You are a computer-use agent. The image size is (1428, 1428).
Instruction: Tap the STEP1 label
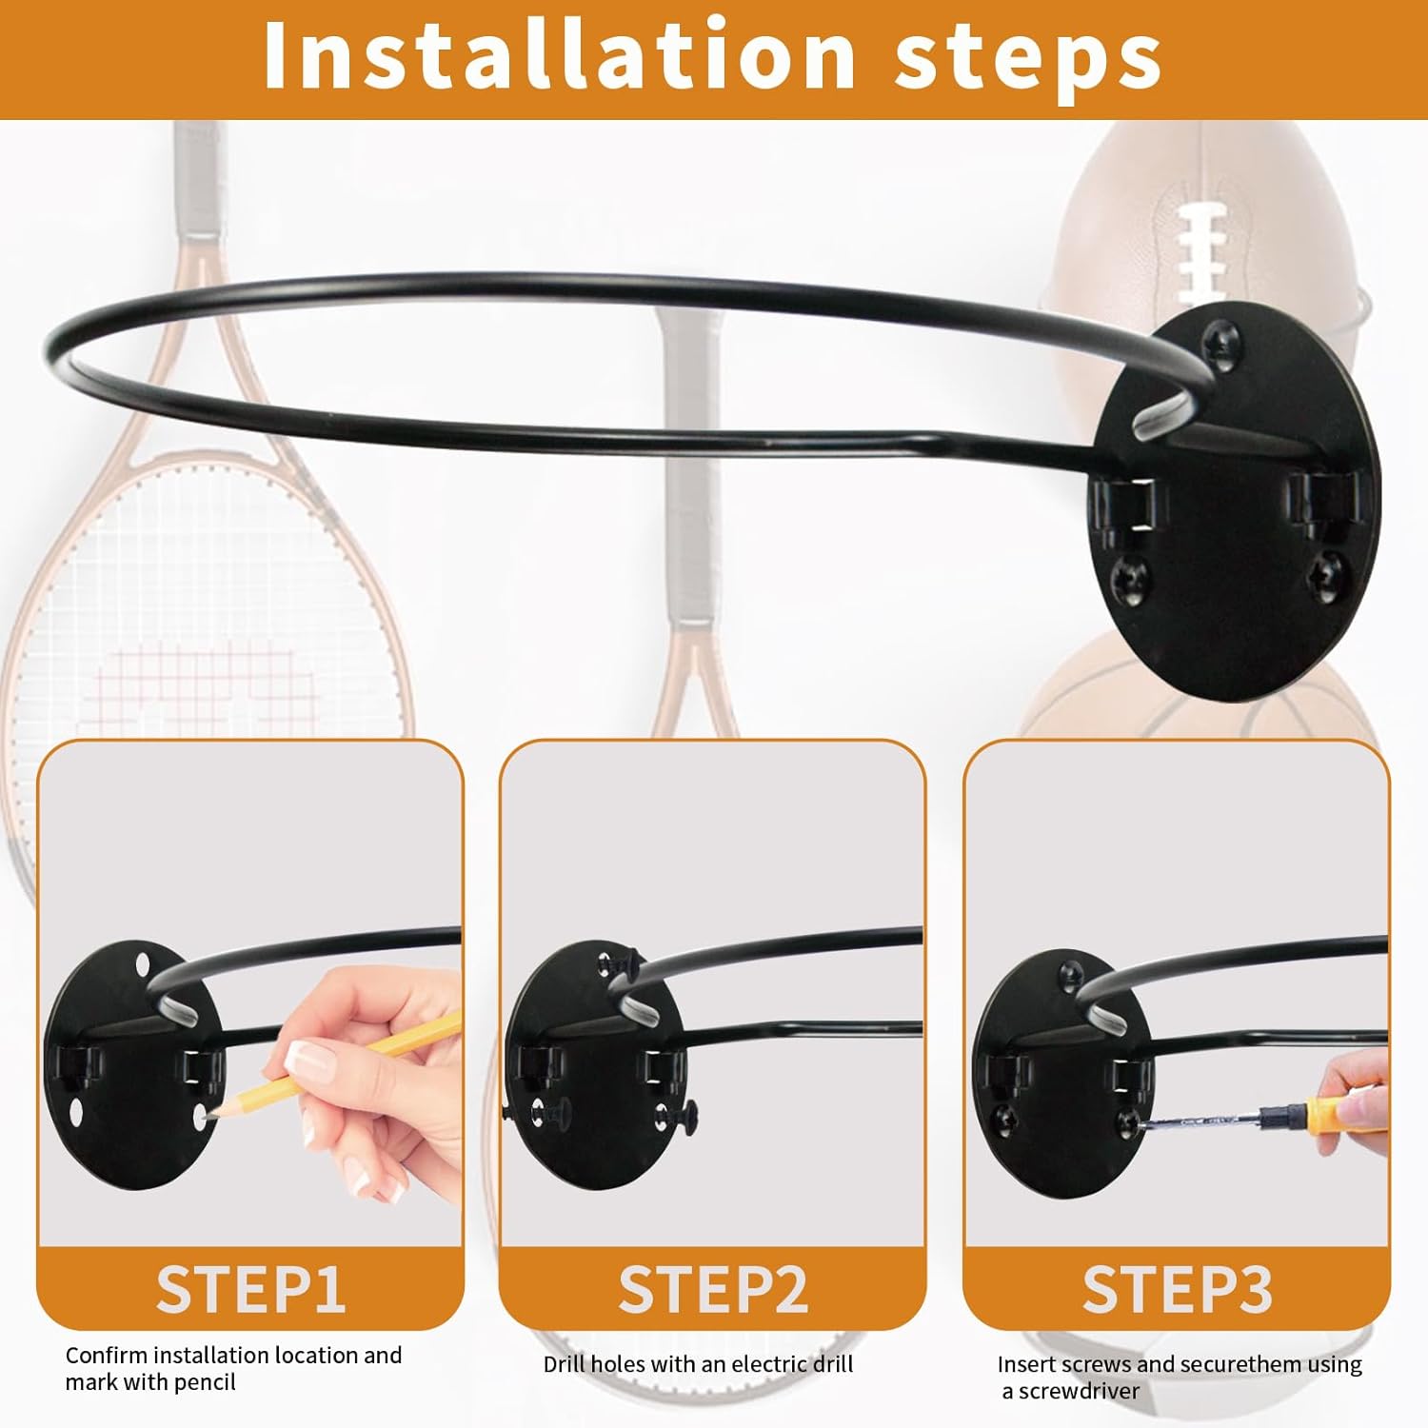pos(250,1290)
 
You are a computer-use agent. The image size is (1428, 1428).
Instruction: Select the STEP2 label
pos(713,1290)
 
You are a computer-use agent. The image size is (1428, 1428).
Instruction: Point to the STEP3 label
pos(1177,1290)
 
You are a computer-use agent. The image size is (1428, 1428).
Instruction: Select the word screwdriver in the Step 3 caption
pos(1079,1391)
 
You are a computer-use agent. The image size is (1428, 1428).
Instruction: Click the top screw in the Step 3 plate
pos(1071,972)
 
